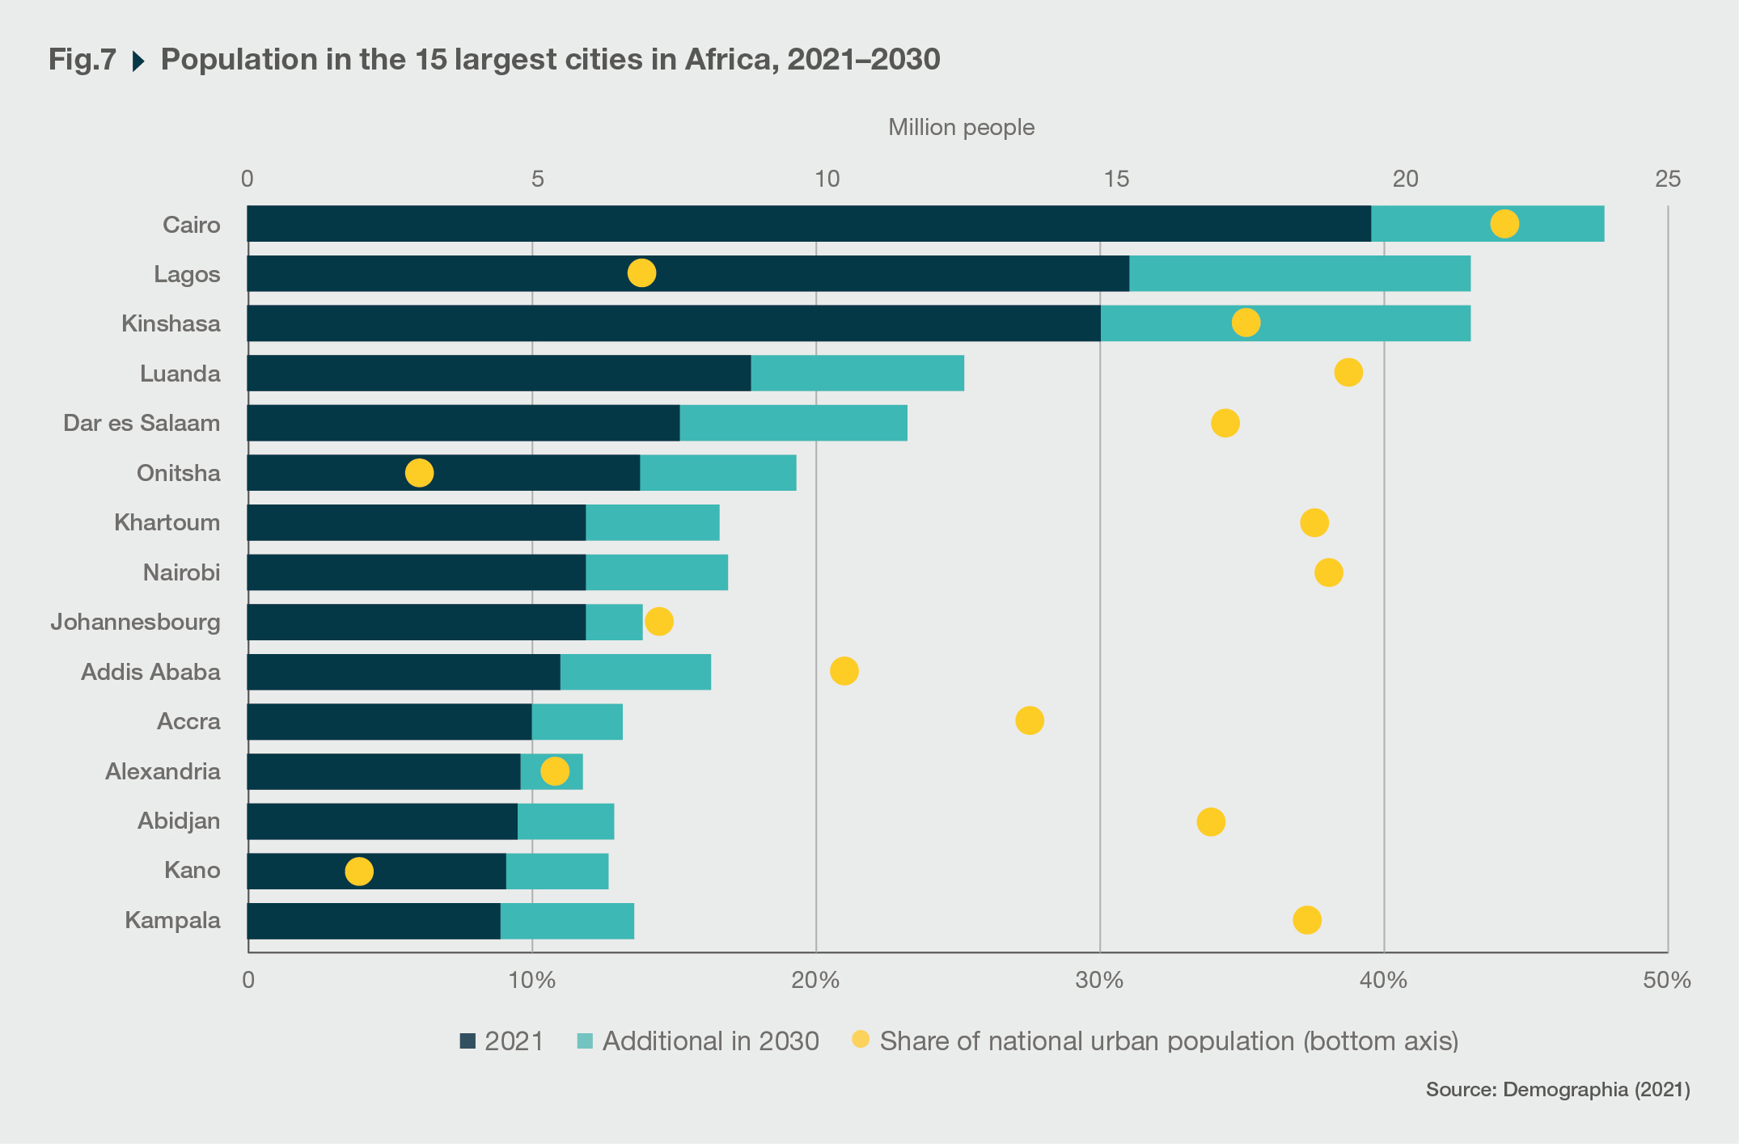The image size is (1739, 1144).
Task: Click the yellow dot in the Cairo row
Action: [1504, 223]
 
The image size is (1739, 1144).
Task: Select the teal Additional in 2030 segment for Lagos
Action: [1299, 273]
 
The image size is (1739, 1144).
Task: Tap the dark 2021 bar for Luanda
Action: [499, 373]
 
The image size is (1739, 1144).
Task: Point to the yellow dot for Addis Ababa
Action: [844, 671]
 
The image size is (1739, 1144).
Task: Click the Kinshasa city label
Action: [171, 323]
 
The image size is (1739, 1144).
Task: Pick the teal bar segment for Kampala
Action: [567, 921]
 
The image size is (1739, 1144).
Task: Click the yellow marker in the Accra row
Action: [1029, 720]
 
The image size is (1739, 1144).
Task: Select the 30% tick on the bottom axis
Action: [1099, 980]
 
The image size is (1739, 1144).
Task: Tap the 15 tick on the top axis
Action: [1116, 179]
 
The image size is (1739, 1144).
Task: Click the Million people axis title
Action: [961, 128]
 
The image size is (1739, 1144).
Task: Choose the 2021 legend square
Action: [468, 1041]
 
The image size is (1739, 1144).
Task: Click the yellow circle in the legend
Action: [861, 1040]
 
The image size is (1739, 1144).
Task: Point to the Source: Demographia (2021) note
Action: [1557, 1090]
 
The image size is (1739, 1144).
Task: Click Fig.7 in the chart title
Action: [83, 60]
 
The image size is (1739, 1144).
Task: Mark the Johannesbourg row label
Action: [135, 622]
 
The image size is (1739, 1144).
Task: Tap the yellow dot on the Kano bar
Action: [359, 872]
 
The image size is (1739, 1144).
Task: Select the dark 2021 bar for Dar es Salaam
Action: [463, 423]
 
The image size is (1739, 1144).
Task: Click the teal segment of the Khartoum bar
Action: [652, 522]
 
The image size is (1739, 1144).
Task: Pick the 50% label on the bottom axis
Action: [1666, 980]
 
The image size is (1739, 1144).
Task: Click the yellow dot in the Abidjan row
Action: [1210, 822]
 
